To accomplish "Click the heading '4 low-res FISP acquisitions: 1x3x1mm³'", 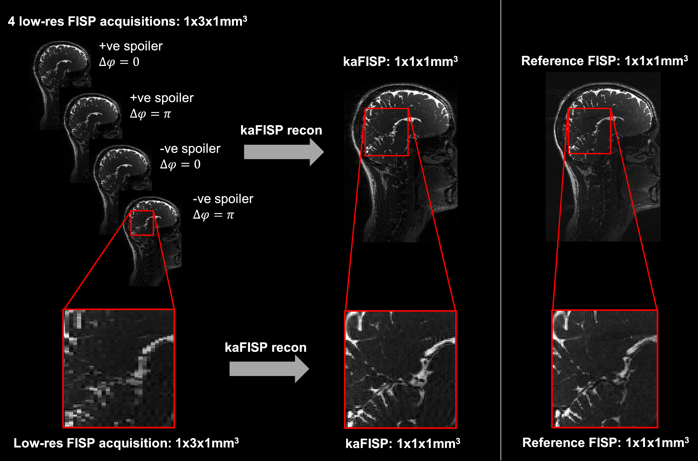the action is tap(127, 22).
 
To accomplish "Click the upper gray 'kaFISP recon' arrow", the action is tap(283, 152).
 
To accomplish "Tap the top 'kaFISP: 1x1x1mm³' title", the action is tap(400, 62).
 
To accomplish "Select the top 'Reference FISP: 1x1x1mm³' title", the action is tap(604, 61).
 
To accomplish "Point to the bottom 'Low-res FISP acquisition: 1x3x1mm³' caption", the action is tap(126, 443).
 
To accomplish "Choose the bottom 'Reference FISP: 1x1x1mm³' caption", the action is tap(605, 443).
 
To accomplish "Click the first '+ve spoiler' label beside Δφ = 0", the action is tap(131, 46).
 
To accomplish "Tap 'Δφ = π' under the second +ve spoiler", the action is tap(150, 114).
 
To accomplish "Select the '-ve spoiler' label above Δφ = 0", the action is tap(190, 149).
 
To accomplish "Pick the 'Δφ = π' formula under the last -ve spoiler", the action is tap(213, 215).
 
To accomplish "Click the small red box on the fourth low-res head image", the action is tap(142, 223).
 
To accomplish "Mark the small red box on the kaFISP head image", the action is tap(386, 132).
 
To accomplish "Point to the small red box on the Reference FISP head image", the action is tap(589, 131).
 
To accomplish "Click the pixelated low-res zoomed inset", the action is tap(119, 368).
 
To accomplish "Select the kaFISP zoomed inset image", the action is tap(400, 369).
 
